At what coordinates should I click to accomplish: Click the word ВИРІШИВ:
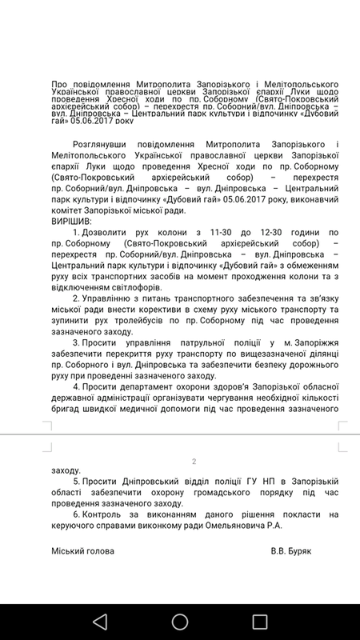click(71, 221)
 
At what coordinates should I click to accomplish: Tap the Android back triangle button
click(99, 621)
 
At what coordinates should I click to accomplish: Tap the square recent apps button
click(259, 621)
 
